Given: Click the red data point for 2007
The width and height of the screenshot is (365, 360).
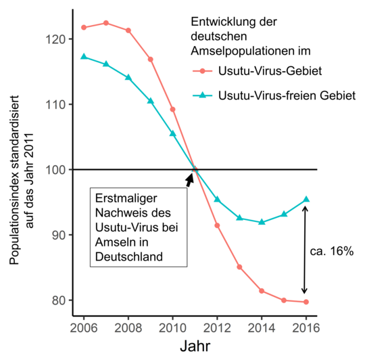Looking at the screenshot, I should pos(106,23).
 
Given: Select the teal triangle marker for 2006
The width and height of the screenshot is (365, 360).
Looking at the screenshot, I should pos(84,57).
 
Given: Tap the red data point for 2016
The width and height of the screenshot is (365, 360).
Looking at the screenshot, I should pos(306,302).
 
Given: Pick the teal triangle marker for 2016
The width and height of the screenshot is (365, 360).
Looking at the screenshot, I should pos(306,199).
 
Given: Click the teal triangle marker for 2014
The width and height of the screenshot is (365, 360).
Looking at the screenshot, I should pos(262,222).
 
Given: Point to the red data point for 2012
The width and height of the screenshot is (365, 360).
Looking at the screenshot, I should pos(217,225).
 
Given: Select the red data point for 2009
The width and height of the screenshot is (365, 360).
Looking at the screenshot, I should pos(150,60).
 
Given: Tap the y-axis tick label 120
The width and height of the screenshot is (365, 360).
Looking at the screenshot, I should pos(54,39).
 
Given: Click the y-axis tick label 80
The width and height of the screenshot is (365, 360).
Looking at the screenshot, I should pos(57,300).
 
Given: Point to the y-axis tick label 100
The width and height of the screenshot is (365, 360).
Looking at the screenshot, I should pos(54,170).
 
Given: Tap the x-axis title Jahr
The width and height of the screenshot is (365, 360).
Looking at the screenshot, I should pos(195,346).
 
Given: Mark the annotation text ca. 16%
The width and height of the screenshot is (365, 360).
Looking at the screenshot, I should pos(333,250).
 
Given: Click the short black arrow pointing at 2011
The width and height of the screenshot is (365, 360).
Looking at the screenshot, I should pos(190,179).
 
